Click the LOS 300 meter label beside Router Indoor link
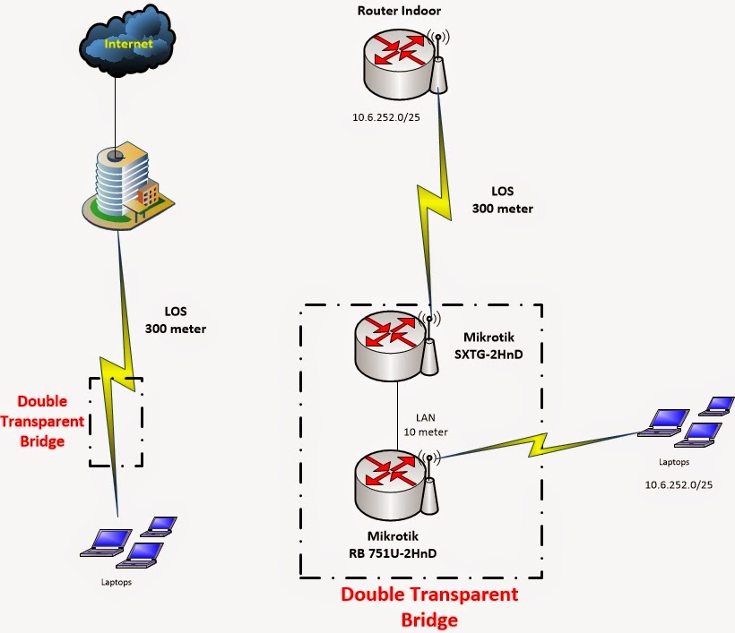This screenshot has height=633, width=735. [502, 201]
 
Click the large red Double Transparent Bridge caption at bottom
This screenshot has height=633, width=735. [429, 606]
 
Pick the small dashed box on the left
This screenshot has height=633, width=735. [116, 421]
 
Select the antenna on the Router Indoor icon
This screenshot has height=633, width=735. [438, 67]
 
